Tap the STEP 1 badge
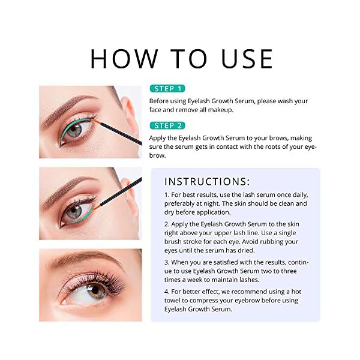(x=167, y=89)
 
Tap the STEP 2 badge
(x=167, y=125)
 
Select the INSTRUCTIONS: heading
(x=207, y=182)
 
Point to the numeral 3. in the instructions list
(x=167, y=262)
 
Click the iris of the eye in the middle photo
(x=74, y=211)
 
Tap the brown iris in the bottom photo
(x=96, y=290)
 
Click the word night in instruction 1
(x=214, y=204)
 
